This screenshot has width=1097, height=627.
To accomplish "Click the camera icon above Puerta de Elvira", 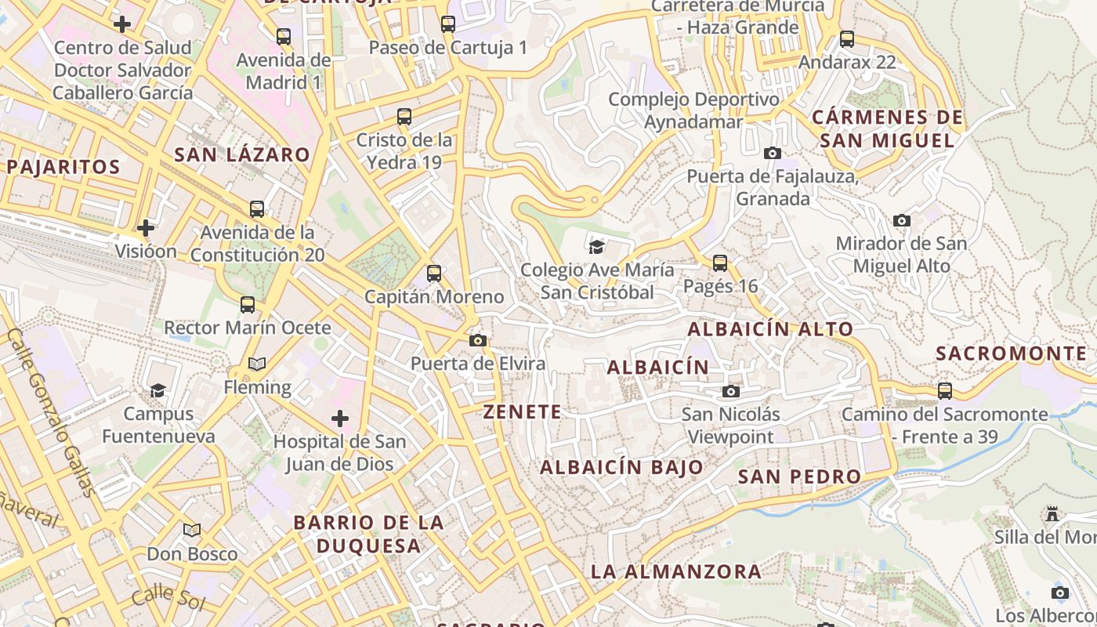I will pos(477,340).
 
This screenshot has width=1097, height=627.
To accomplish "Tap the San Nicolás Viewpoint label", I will pos(730,426).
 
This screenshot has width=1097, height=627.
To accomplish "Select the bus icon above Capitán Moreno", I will pos(433,274).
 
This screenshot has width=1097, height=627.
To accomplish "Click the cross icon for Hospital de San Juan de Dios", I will pos(339,419).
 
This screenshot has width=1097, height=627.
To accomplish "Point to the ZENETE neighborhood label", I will pos(522,412).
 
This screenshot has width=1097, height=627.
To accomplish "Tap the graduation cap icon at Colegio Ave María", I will pos(596,247).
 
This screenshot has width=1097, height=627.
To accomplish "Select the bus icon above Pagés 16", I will pos(720,263).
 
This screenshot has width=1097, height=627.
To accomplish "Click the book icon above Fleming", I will pos(256,364).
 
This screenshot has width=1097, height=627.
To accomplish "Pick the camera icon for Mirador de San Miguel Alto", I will pos(902,221).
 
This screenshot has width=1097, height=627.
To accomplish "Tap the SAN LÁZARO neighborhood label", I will pos(242,154).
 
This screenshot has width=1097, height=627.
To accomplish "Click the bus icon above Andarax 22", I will pos(846,39).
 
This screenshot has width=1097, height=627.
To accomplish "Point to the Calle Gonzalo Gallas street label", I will pos(52,412).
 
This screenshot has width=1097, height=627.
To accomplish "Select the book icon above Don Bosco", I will pos(192,531).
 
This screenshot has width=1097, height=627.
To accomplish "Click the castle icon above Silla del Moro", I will pos(1052,514).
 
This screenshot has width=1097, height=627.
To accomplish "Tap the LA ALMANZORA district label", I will pos(675,571).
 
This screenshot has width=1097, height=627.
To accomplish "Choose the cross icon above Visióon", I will pos(145,228).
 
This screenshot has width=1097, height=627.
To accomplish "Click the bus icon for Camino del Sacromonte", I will pos(944,390).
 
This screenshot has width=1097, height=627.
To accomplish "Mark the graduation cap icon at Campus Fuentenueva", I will pos(157,390).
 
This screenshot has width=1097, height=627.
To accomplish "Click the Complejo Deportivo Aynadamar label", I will pos(693,111).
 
